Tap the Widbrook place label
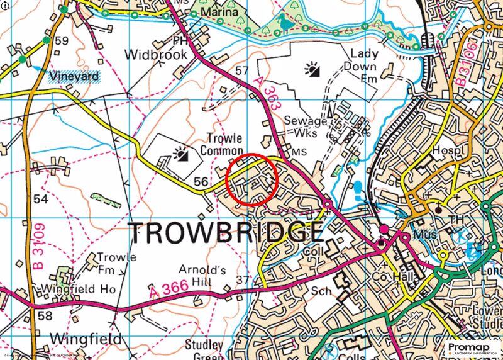pos(156,55)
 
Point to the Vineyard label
pos(74,76)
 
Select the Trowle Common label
pos(221,145)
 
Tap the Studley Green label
pos(204,350)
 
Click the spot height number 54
pos(41,199)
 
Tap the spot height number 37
pos(243,279)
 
